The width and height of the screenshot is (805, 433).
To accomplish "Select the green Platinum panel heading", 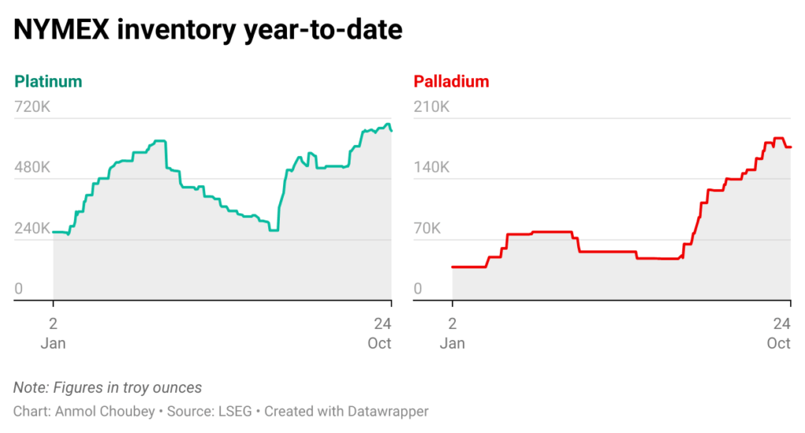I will click(48, 81).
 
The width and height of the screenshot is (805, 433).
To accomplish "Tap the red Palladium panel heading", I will click(451, 81).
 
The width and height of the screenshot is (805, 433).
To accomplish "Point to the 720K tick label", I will click(32, 107).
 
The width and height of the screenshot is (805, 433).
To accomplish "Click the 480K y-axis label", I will click(32, 168).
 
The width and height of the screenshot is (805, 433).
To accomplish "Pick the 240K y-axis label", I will click(32, 229).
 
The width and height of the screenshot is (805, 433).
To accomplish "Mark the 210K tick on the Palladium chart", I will click(432, 107).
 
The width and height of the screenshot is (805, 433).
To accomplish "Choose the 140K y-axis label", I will click(432, 168).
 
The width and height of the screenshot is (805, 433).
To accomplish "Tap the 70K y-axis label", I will click(428, 229).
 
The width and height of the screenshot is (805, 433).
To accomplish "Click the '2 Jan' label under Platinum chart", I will click(53, 333).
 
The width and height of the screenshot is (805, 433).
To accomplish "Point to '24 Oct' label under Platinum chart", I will click(380, 333).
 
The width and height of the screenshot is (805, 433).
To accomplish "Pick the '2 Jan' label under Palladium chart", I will click(452, 333).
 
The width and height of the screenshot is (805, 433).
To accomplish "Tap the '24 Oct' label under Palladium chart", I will click(779, 333).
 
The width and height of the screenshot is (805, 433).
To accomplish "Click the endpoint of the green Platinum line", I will click(391, 130).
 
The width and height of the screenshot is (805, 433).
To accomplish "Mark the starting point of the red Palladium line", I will click(453, 267).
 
